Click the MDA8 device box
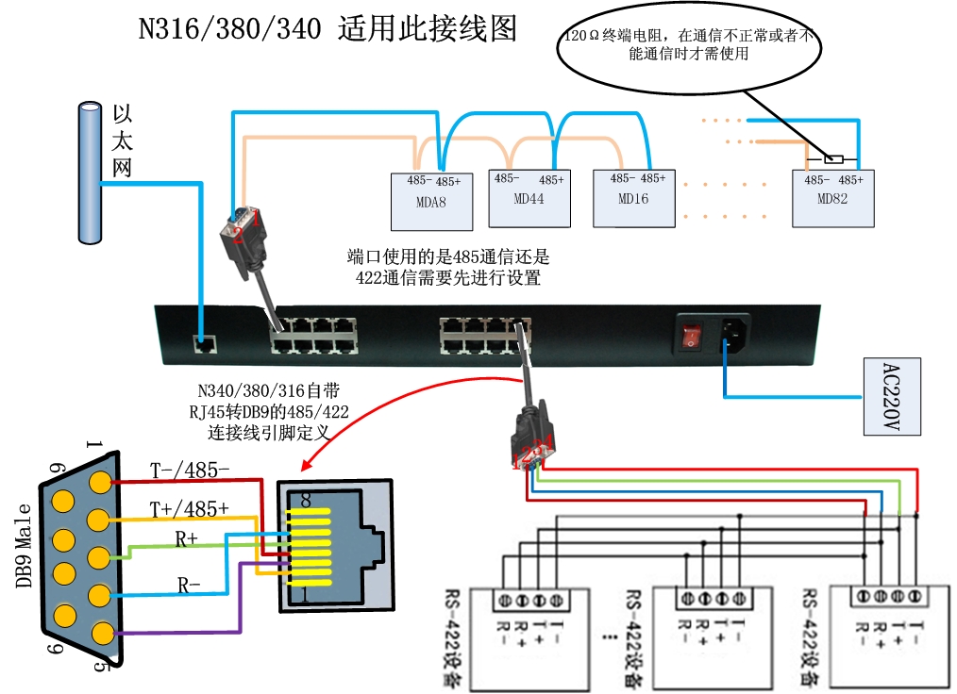(431, 201)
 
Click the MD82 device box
(833, 198)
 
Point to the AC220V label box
(893, 396)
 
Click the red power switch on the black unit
(693, 336)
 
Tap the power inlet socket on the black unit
(735, 335)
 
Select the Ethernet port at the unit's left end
(201, 344)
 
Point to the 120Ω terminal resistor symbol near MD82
(833, 158)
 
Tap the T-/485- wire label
(190, 469)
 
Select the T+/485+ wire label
(190, 508)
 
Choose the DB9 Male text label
(24, 546)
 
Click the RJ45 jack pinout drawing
(334, 545)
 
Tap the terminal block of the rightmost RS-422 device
(889, 596)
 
